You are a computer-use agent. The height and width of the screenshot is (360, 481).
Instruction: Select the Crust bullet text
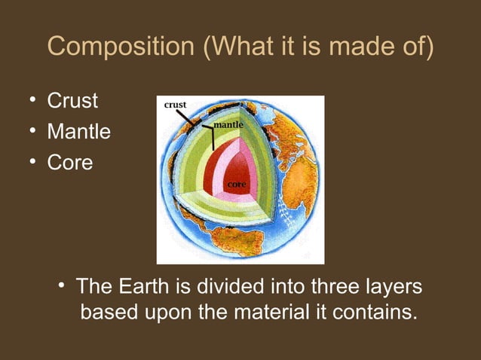72,101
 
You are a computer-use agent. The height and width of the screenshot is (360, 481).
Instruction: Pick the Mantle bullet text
78,132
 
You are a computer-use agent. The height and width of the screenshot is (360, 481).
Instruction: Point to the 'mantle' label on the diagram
228,123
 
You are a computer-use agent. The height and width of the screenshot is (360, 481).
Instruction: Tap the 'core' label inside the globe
237,184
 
